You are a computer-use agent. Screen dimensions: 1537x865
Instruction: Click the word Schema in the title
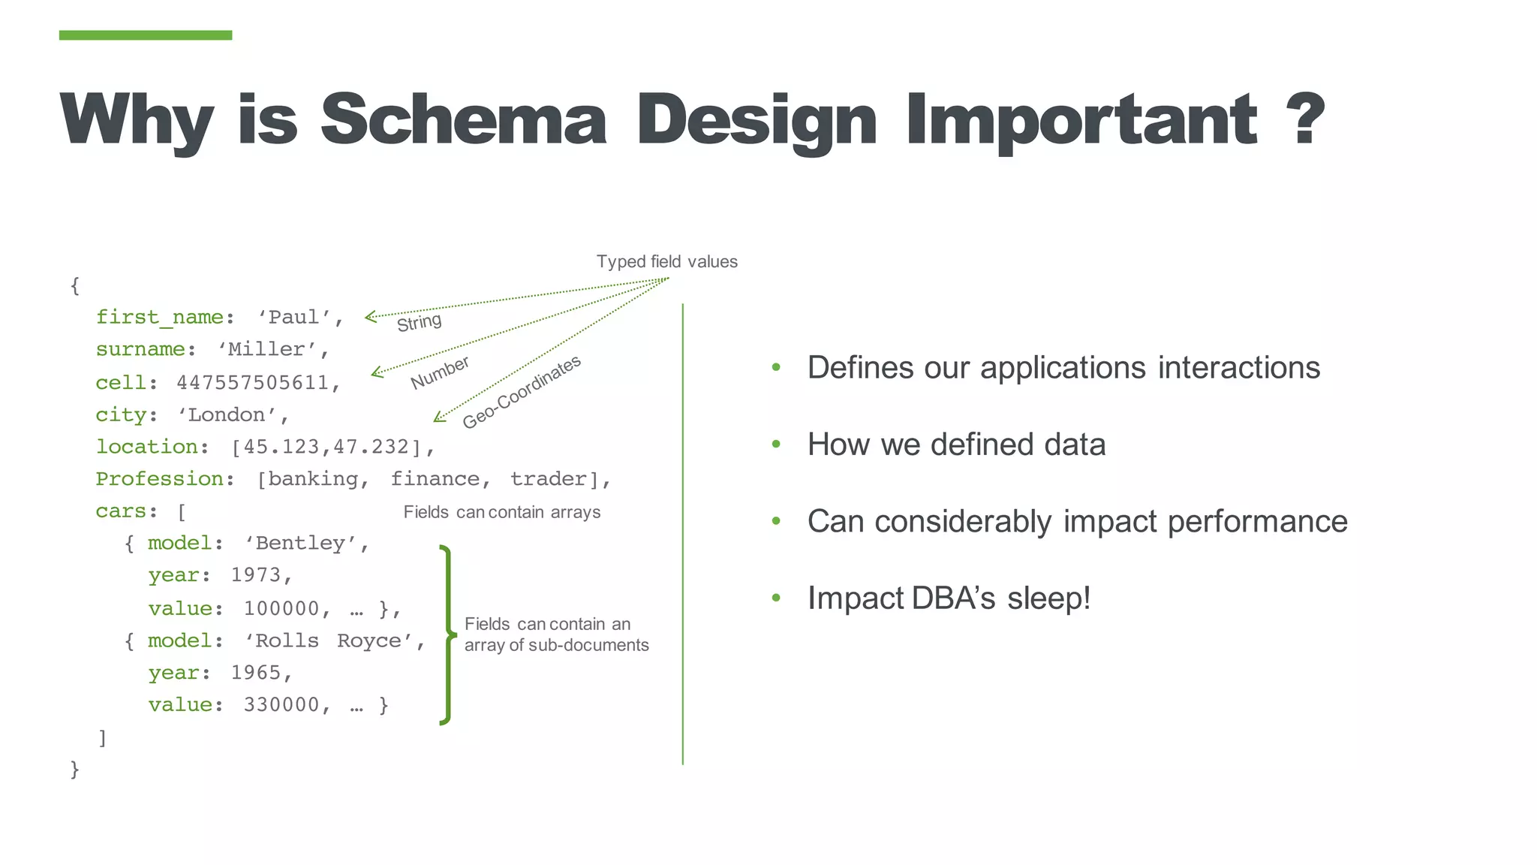pos(463,120)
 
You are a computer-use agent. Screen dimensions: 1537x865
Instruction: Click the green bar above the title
pos(146,35)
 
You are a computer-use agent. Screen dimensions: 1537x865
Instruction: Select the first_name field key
pos(159,318)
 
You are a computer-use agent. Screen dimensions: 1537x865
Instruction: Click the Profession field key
pos(159,479)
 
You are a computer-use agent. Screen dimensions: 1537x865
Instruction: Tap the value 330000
pos(281,705)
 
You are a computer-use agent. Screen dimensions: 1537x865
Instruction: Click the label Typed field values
pos(666,262)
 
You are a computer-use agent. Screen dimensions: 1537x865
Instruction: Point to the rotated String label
pos(419,323)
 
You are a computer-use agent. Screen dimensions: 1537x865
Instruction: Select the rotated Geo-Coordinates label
pos(522,392)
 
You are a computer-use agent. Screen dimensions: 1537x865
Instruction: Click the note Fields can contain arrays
pos(501,512)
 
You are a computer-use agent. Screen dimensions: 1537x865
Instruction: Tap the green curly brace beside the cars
pos(447,635)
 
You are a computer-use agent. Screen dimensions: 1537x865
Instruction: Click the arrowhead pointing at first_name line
pos(370,317)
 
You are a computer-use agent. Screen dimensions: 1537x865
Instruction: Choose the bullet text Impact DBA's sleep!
pos(949,598)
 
